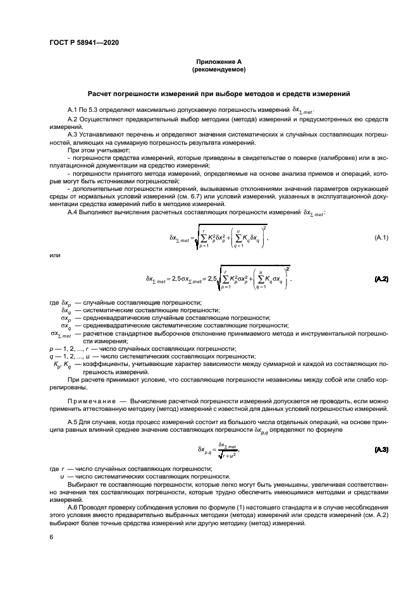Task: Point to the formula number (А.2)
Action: [x=381, y=279]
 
